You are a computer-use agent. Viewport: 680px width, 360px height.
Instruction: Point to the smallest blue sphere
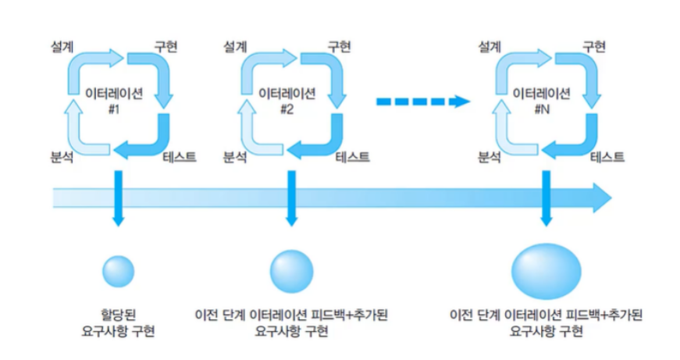click(x=119, y=270)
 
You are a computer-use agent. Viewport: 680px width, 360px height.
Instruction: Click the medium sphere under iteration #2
click(x=291, y=270)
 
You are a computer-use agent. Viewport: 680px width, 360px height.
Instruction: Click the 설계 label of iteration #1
click(x=61, y=45)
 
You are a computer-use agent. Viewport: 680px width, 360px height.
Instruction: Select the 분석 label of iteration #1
click(x=61, y=157)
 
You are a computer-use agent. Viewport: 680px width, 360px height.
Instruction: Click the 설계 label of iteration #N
click(x=489, y=45)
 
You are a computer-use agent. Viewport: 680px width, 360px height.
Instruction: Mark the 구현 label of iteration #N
click(x=595, y=45)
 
